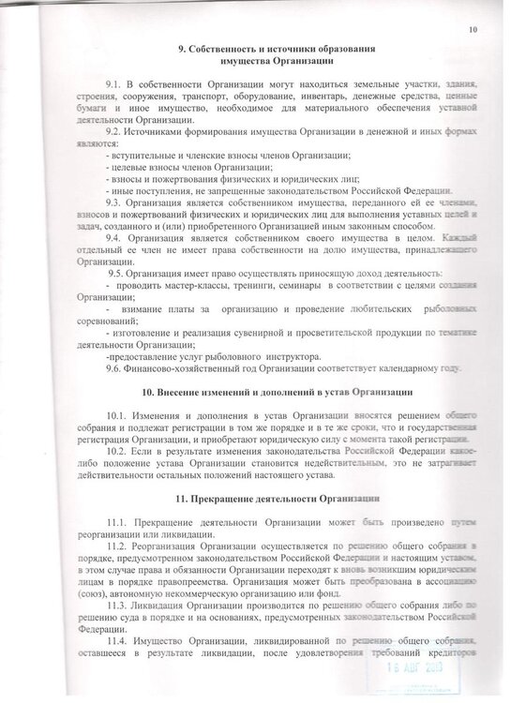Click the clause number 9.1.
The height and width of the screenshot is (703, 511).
tap(113, 86)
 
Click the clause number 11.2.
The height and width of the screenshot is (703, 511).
tap(117, 544)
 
